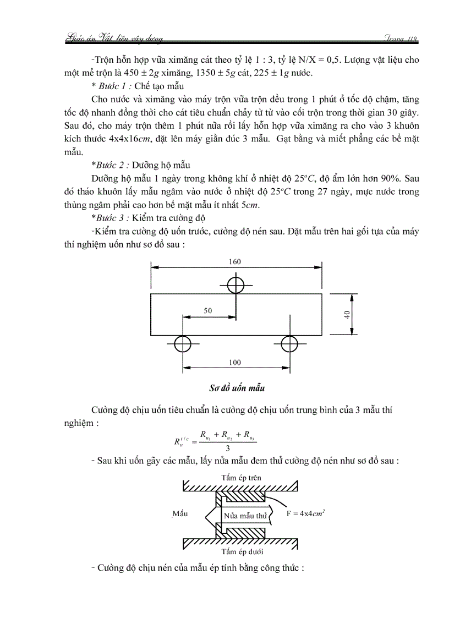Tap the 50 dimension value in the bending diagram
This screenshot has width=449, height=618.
(207, 311)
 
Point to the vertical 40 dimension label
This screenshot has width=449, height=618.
(347, 314)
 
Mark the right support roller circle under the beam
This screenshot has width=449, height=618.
(289, 344)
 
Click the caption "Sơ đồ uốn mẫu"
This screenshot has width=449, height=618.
(237, 388)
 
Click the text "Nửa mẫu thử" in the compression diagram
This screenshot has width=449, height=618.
(245, 516)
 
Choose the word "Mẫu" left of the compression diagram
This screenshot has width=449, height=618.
(180, 513)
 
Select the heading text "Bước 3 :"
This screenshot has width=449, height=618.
(113, 218)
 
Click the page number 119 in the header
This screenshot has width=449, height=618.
(411, 38)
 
